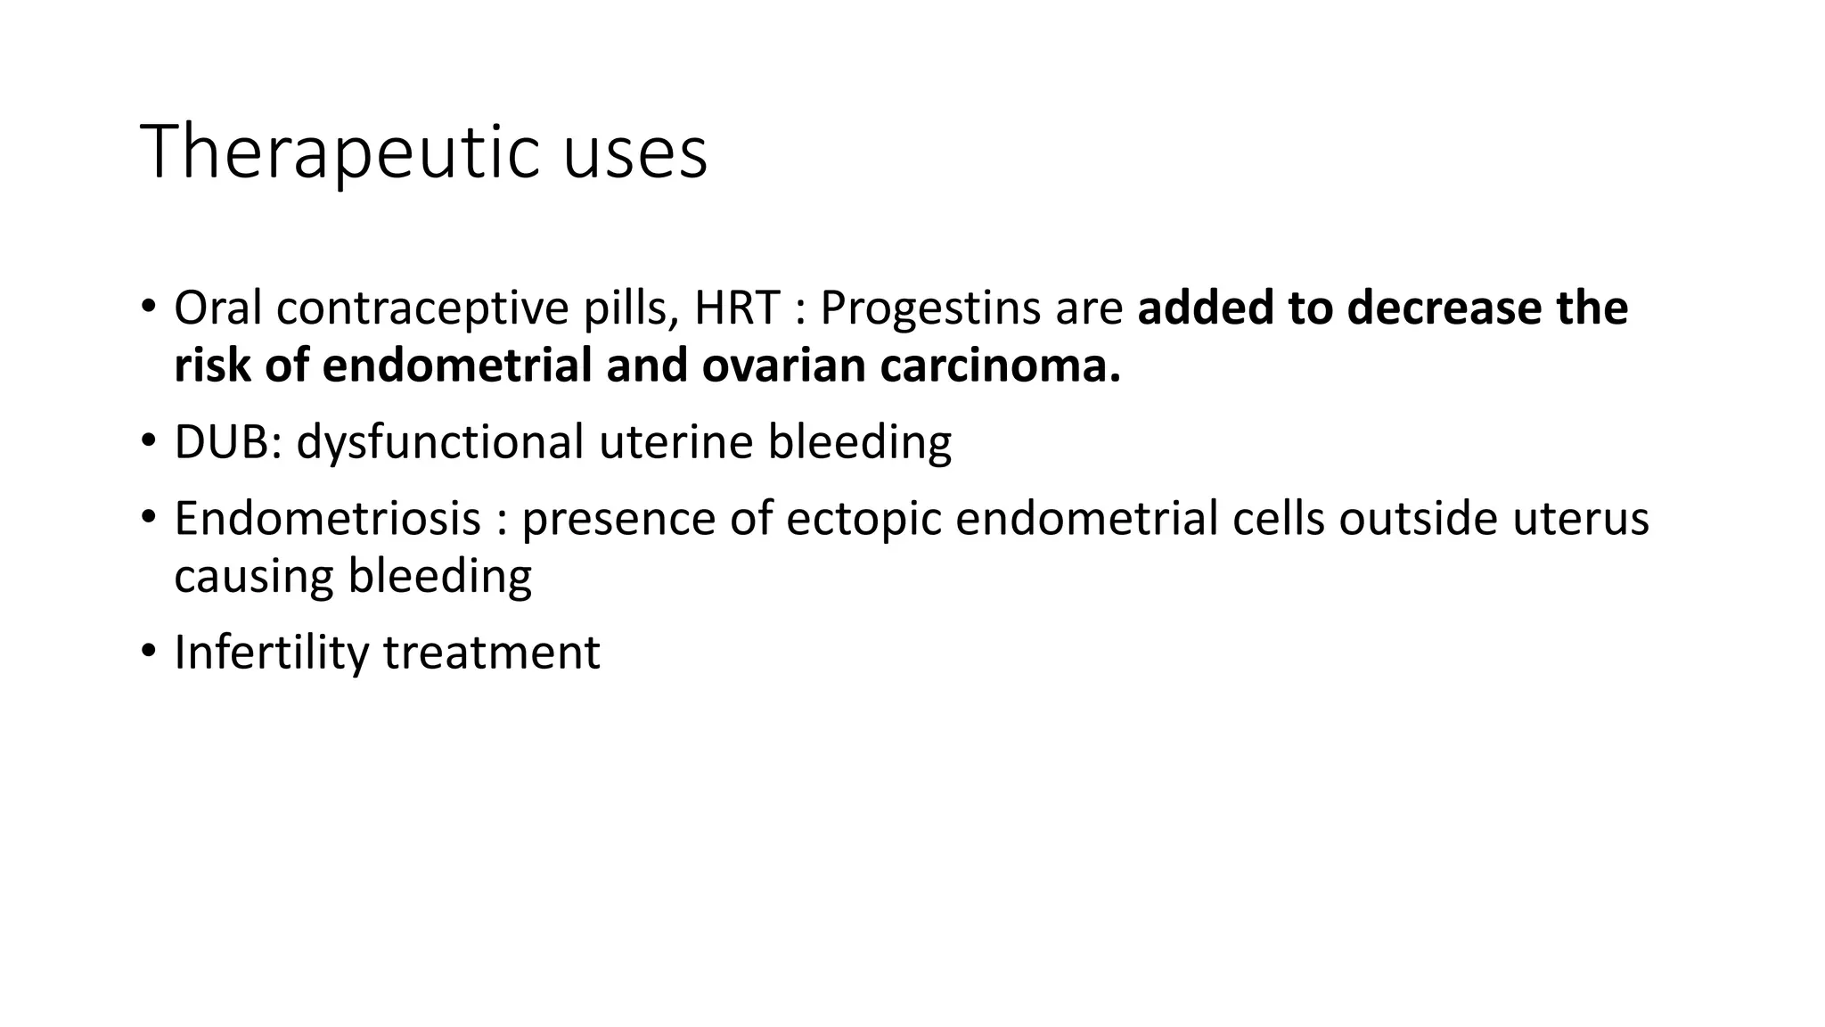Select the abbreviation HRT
[738, 308]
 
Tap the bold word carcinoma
[1000, 366]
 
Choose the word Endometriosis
[327, 519]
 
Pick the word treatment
[492, 653]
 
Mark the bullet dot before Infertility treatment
[148, 651]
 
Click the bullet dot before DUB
[148, 440]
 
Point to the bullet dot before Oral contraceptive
[148, 308]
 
